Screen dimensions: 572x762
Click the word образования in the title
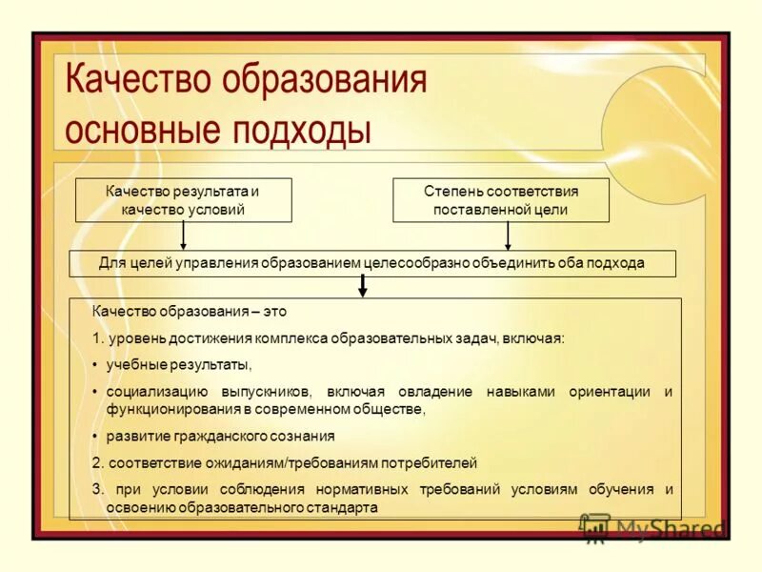324,80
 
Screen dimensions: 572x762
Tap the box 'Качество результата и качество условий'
183,200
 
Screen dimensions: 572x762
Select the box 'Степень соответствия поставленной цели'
501,200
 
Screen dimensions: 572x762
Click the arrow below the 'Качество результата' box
184,235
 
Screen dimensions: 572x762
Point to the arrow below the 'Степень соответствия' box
508,235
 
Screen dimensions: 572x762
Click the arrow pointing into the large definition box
362,286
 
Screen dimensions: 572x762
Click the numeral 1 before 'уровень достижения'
95,338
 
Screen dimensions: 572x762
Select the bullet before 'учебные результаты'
95,365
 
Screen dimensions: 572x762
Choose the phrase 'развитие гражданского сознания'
220,436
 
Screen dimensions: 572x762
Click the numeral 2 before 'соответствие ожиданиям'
95,462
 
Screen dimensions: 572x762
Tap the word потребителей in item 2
430,462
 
